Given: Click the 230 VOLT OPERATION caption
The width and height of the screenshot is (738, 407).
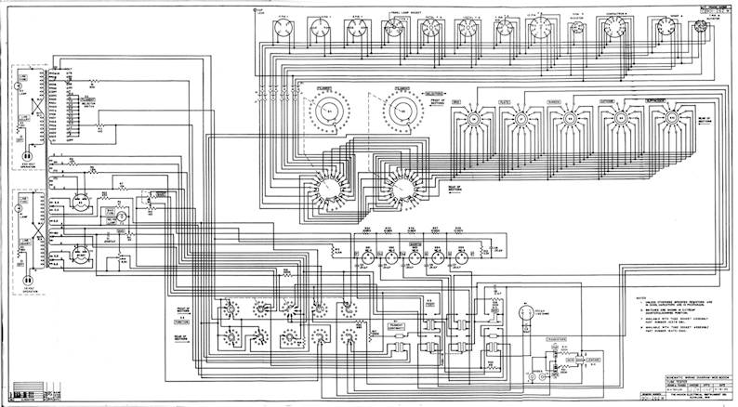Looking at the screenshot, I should point(27,173).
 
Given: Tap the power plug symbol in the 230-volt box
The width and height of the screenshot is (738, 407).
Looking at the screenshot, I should point(27,157).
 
